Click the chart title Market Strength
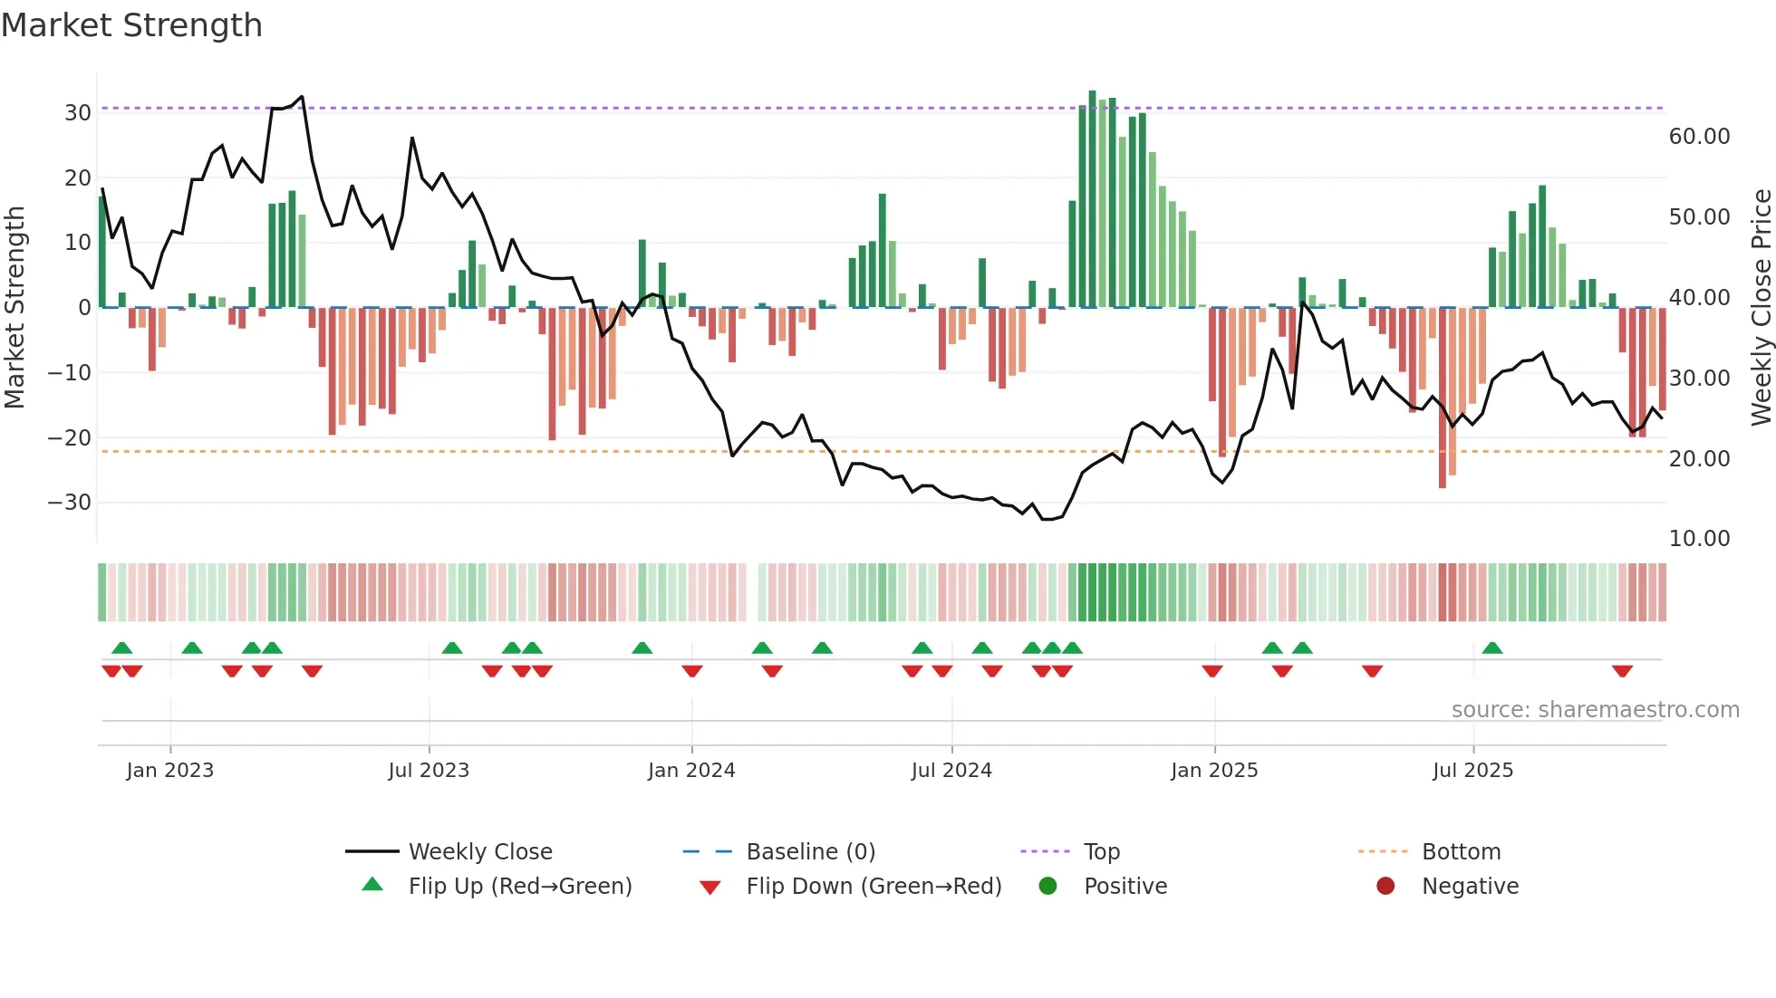(131, 25)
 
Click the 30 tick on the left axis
(78, 113)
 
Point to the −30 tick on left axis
(70, 503)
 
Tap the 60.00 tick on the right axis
(1699, 137)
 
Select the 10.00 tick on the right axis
(1699, 539)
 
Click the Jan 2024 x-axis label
(691, 771)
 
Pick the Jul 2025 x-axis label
(1472, 771)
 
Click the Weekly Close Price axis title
(1761, 308)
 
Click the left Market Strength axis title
(14, 308)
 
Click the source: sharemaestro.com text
(1595, 710)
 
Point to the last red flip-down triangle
(1622, 671)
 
